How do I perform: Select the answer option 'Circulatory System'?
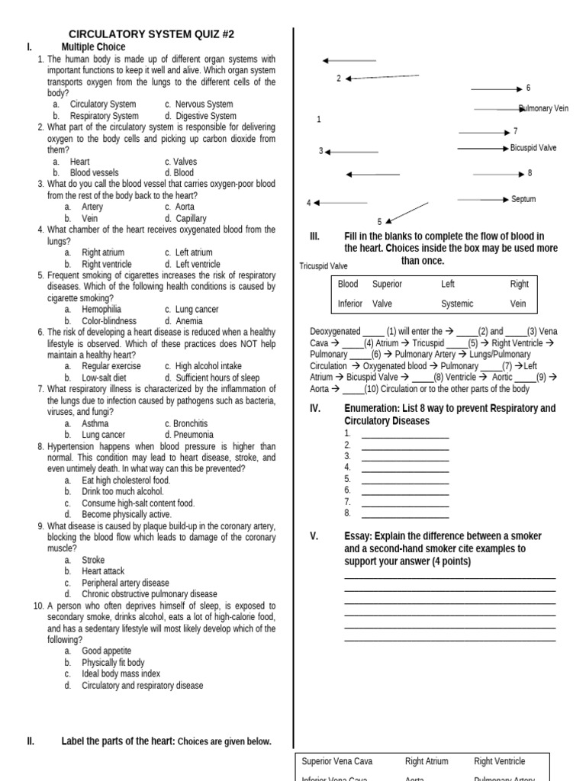click(x=102, y=104)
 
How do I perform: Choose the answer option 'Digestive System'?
click(x=205, y=116)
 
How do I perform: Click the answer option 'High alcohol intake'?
click(x=208, y=367)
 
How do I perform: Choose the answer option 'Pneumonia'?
click(x=194, y=435)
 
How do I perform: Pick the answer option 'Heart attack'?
click(x=103, y=571)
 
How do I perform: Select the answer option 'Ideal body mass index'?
click(x=121, y=674)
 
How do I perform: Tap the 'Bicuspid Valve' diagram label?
click(x=533, y=148)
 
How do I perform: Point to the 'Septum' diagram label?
click(x=523, y=199)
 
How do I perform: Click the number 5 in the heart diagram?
click(x=379, y=222)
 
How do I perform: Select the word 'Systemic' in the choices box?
click(x=457, y=304)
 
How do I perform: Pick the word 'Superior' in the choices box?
click(x=387, y=284)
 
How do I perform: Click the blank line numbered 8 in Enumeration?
click(x=404, y=515)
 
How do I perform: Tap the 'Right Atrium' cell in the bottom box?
click(x=427, y=761)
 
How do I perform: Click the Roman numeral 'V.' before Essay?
click(x=314, y=536)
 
